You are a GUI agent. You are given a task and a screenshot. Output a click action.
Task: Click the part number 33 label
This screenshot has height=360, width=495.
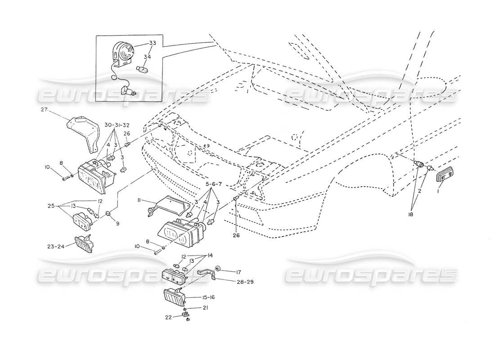[x=152, y=43]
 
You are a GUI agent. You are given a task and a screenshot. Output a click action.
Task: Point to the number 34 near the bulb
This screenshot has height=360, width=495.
[x=148, y=57]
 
